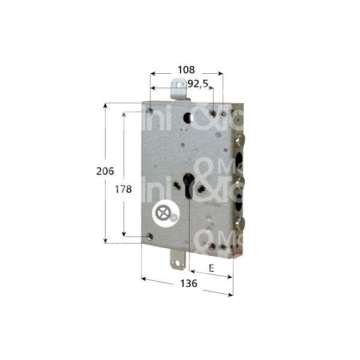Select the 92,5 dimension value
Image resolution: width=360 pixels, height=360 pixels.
click(197, 84)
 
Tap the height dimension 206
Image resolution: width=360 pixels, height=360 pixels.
click(106, 171)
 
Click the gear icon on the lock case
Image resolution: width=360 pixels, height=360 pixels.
click(163, 213)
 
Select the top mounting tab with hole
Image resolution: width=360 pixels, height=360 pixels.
click(178, 91)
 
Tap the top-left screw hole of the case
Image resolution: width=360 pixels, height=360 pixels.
click(148, 110)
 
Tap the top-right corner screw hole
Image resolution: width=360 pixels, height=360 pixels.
click(223, 114)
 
